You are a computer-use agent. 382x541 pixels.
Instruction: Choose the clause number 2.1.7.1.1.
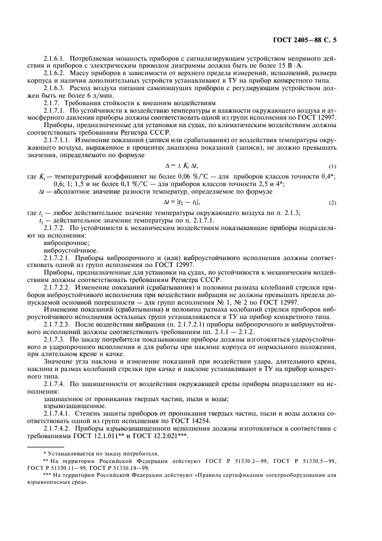[60, 141]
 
